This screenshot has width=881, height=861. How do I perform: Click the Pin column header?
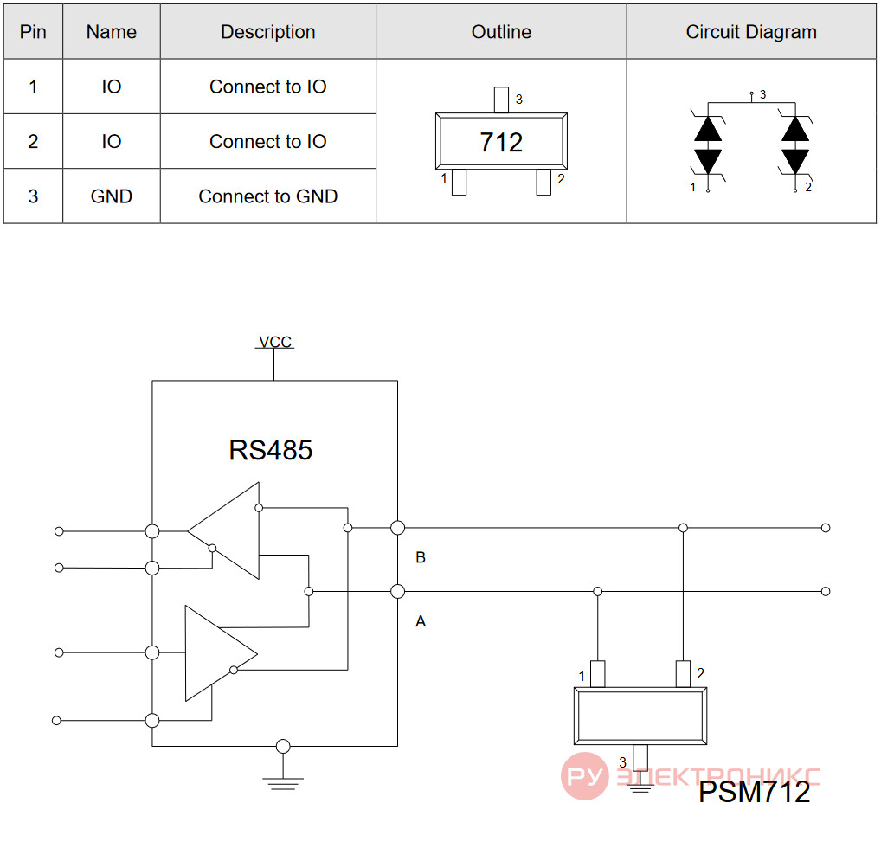(x=33, y=32)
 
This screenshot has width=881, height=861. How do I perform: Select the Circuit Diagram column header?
(x=751, y=32)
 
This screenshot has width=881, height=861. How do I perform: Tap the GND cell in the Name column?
(x=112, y=196)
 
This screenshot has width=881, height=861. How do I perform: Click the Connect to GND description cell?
(x=268, y=196)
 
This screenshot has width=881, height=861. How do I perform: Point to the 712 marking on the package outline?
(x=501, y=142)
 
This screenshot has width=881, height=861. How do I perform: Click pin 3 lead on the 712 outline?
(x=501, y=100)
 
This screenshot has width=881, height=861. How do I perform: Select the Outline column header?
(x=501, y=32)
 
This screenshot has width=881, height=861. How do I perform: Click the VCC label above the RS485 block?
(x=275, y=342)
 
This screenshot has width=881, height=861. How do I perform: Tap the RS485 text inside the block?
(x=270, y=450)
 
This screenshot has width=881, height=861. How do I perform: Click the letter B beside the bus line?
(x=421, y=557)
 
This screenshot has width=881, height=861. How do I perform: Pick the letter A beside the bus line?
(x=421, y=621)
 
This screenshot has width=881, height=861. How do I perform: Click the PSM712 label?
(x=754, y=792)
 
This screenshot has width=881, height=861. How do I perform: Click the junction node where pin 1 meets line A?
(x=598, y=591)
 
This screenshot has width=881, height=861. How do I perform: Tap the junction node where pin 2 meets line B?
(x=683, y=528)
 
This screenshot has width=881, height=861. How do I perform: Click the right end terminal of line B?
(x=826, y=528)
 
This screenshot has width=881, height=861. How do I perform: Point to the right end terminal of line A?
(x=826, y=591)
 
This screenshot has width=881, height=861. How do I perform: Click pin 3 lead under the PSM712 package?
(x=640, y=758)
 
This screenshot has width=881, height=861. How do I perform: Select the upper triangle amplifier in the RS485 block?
(x=223, y=530)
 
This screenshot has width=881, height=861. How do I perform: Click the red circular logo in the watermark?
(x=584, y=776)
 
